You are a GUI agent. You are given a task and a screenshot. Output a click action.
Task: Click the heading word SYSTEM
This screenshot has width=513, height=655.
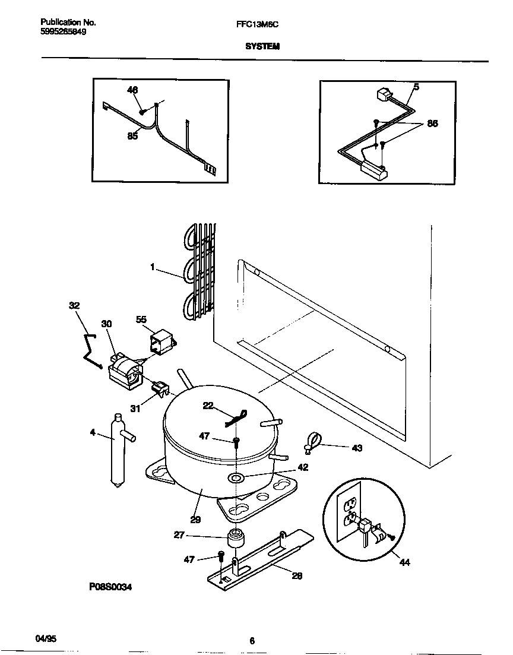click(x=262, y=46)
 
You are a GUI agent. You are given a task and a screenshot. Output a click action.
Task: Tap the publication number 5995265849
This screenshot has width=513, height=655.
click(x=64, y=32)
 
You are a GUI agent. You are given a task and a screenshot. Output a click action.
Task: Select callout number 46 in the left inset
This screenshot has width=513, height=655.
click(x=132, y=90)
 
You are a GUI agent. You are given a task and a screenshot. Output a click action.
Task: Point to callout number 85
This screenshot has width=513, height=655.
click(x=132, y=136)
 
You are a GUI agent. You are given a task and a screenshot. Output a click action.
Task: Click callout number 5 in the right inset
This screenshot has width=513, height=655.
click(x=416, y=87)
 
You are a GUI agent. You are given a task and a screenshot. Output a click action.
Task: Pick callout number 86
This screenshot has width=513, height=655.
click(x=432, y=124)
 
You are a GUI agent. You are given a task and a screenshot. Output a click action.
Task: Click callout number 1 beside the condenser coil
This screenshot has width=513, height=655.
click(x=153, y=268)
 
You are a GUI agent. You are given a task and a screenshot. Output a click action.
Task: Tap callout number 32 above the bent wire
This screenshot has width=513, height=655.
click(x=74, y=305)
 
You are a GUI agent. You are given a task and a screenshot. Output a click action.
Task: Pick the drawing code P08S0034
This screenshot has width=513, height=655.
click(x=110, y=587)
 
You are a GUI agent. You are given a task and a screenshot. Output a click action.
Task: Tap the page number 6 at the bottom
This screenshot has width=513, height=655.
click(x=252, y=640)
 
